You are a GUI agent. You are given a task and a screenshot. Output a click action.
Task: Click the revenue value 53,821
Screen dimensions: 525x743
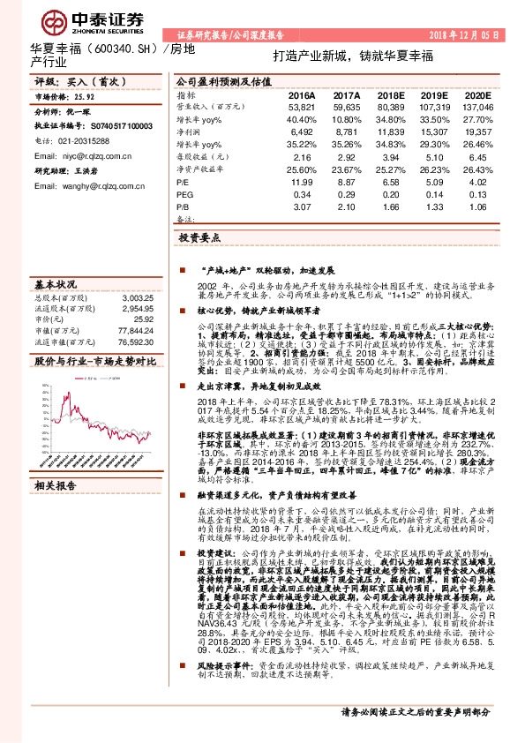[x=301, y=105]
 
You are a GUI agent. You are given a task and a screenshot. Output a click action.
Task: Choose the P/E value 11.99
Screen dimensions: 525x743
[x=303, y=180]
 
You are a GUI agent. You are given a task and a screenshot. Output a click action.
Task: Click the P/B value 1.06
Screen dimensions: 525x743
[x=479, y=205]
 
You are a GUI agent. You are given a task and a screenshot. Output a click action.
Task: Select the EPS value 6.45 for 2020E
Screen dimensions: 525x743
[x=479, y=154]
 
